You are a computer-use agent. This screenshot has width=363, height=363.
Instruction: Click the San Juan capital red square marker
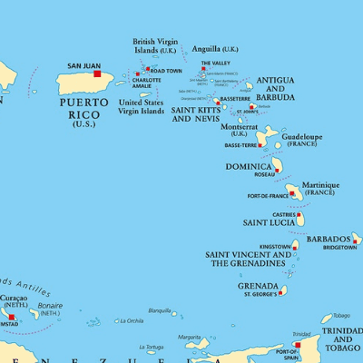[98, 74]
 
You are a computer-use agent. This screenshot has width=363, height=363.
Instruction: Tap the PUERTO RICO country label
[89, 107]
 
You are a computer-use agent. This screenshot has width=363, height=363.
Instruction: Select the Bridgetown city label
[339, 247]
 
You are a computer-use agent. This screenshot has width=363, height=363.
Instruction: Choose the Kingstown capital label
[275, 247]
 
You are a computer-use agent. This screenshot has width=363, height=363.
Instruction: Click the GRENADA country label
[258, 286]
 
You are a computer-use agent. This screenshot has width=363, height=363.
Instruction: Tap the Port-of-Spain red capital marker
[296, 345]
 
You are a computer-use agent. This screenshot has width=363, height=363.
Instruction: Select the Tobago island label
[340, 316]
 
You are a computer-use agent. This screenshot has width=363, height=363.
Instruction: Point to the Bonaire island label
[51, 306]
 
